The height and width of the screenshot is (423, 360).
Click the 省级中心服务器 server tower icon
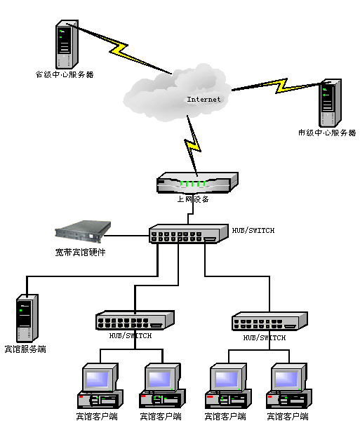pyautogui.click(x=67, y=44)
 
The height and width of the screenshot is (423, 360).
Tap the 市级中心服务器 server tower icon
pyautogui.click(x=331, y=103)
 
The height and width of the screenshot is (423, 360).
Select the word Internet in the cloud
pyautogui.click(x=204, y=100)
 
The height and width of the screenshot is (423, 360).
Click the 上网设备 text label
pyautogui.click(x=193, y=199)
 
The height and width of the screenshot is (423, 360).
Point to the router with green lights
pyautogui.click(x=197, y=182)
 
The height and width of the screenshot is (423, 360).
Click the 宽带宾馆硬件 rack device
pyautogui.click(x=83, y=232)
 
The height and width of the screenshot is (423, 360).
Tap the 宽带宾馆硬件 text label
pyautogui.click(x=80, y=253)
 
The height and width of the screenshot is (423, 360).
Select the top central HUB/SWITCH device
pyautogui.click(x=189, y=234)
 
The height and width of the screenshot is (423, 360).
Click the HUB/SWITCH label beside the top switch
pyautogui.click(x=253, y=230)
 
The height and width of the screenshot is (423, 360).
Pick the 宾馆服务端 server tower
pyautogui.click(x=27, y=318)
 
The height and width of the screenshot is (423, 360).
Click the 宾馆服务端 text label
pyautogui.click(x=25, y=349)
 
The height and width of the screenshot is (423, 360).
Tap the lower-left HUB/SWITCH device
pyautogui.click(x=135, y=320)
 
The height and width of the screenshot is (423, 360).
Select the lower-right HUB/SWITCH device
pyautogui.click(x=269, y=321)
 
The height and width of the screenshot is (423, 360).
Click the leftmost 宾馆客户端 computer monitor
pyautogui.click(x=100, y=377)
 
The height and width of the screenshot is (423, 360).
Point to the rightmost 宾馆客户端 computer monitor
pyautogui.click(x=289, y=377)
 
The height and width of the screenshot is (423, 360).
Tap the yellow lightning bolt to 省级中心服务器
pyautogui.click(x=119, y=48)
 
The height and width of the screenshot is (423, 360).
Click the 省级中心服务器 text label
pyautogui.click(x=65, y=74)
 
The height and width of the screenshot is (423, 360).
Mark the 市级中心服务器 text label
pyautogui.click(x=327, y=133)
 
